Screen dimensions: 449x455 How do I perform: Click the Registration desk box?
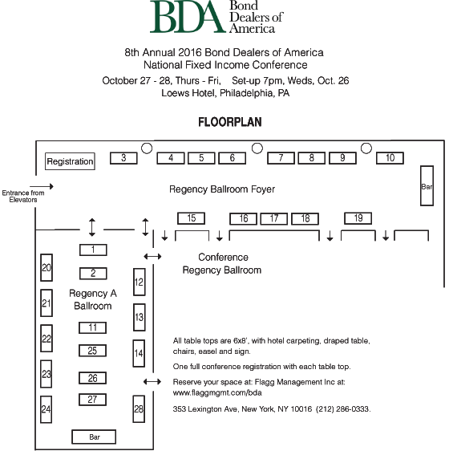tap(70, 161)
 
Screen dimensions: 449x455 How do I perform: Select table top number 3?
tap(123, 158)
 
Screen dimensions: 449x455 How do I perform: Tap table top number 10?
tap(390, 158)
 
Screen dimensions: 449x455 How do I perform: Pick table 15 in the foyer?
tap(192, 218)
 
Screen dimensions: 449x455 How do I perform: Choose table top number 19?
tap(358, 218)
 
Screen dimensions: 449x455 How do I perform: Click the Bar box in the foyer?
tap(427, 185)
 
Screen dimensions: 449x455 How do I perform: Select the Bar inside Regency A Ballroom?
tap(94, 437)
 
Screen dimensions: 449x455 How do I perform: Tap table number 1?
tap(93, 250)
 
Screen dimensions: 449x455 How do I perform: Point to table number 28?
tap(139, 409)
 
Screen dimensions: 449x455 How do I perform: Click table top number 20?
tap(47, 267)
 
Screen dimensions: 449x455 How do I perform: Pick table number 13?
tap(140, 317)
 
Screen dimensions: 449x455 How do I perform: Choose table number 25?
tap(92, 351)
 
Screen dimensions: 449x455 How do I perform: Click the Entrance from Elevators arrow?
tap(42, 186)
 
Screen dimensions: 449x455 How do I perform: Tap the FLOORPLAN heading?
tap(230, 122)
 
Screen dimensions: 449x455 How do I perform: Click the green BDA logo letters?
tap(188, 17)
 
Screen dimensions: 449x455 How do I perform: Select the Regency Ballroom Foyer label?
tap(222, 189)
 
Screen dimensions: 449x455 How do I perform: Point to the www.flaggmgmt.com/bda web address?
tap(217, 393)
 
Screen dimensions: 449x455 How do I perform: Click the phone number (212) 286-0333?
tap(343, 409)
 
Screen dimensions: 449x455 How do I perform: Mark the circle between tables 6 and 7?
tap(257, 148)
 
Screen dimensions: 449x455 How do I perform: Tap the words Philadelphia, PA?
tap(254, 93)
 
